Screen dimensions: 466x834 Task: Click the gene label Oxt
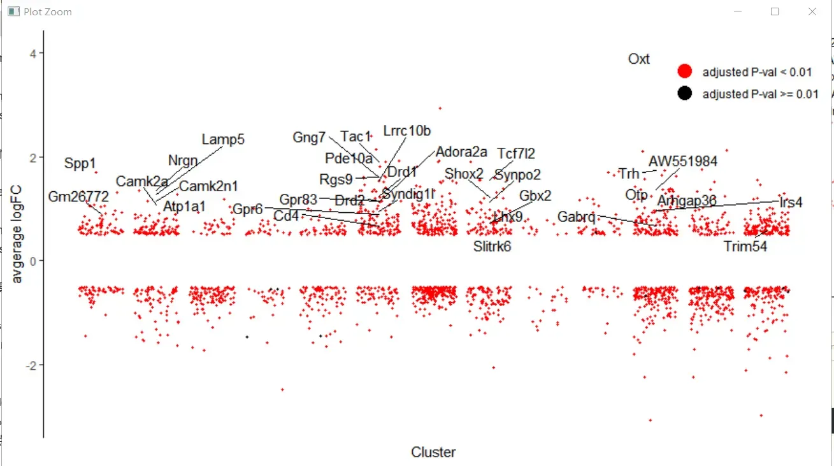[x=638, y=59]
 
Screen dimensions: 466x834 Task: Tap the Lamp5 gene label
[x=223, y=140]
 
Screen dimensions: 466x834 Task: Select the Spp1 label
[x=80, y=164]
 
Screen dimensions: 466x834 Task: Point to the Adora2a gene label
[x=461, y=152]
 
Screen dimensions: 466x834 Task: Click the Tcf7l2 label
[x=516, y=154]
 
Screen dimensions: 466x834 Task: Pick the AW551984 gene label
[x=682, y=161]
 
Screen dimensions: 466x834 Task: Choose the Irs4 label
[x=791, y=203]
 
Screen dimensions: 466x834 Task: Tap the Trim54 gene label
[x=745, y=247]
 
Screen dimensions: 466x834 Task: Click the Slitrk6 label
[x=492, y=247]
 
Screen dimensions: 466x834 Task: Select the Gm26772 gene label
[x=78, y=197]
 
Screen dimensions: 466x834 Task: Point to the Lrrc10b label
[x=407, y=131]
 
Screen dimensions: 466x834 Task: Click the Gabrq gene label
[x=576, y=217]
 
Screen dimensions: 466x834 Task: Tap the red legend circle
[x=685, y=71]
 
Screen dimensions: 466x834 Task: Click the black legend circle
[x=685, y=94]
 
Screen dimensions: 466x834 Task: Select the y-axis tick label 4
[x=31, y=54]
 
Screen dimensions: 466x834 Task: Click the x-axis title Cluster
[x=433, y=453]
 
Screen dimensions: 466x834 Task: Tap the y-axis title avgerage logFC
[x=17, y=234]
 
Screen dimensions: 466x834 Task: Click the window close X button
[x=812, y=11]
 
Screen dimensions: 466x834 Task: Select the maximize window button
[x=775, y=11]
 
